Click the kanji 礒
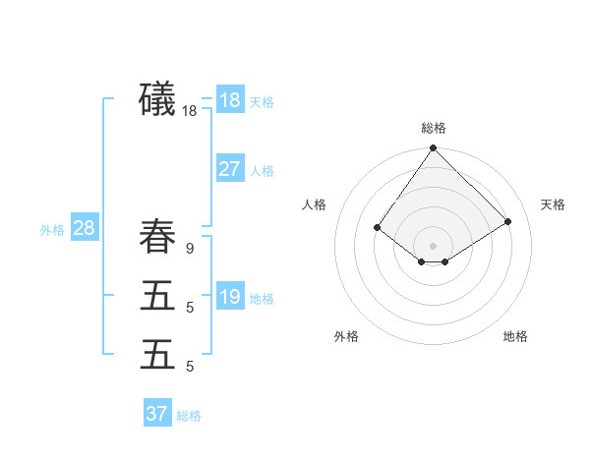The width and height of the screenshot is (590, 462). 157,100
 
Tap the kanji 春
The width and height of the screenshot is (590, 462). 157,238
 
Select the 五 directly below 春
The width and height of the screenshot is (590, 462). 157,296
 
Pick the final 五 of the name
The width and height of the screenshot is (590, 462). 157,354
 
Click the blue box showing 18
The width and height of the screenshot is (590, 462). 230,100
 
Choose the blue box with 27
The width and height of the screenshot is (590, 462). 230,169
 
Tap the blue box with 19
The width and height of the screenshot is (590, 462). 230,297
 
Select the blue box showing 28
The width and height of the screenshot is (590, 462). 84,228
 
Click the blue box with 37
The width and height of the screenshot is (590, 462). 157,414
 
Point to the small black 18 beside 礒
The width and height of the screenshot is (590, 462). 190,111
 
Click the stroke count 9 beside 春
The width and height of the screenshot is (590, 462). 190,249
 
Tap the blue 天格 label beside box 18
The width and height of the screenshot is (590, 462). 262,102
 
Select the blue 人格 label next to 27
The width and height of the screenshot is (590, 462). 262,171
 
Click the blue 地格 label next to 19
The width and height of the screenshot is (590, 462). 262,299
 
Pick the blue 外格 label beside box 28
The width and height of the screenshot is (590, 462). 52,230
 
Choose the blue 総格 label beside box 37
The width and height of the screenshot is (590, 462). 189,416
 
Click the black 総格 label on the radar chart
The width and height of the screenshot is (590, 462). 434,128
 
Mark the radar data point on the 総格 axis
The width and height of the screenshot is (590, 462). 434,149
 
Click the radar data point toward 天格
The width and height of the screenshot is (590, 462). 508,222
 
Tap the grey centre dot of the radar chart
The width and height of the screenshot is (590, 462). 434,245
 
